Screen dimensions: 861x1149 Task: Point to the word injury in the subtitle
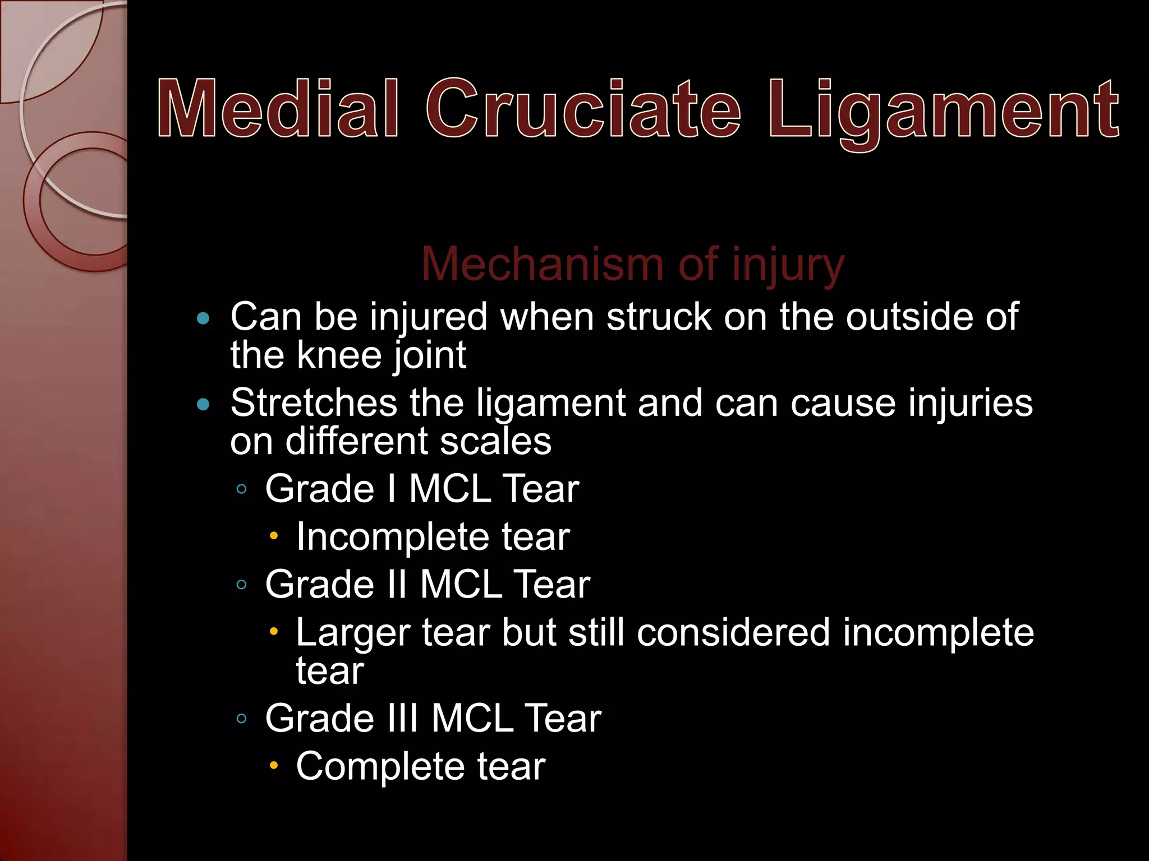(x=788, y=266)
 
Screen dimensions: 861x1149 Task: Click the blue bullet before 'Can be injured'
(x=204, y=319)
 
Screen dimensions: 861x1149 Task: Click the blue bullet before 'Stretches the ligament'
(x=204, y=404)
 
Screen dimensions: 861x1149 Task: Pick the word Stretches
(x=313, y=403)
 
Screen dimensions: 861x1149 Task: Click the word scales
(x=495, y=441)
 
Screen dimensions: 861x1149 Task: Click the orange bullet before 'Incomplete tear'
(x=274, y=536)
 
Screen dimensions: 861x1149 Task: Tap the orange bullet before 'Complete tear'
(x=274, y=765)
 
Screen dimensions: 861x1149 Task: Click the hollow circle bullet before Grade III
(x=242, y=719)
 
